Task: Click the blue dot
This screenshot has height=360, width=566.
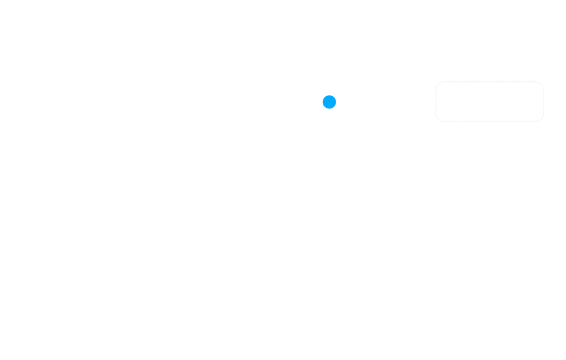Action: tap(329, 102)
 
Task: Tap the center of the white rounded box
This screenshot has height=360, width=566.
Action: tap(491, 102)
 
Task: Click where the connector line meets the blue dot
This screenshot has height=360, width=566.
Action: tap(338, 102)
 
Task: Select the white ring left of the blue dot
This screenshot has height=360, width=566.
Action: tap(320, 102)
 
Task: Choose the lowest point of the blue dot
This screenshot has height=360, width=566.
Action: tap(329, 109)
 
